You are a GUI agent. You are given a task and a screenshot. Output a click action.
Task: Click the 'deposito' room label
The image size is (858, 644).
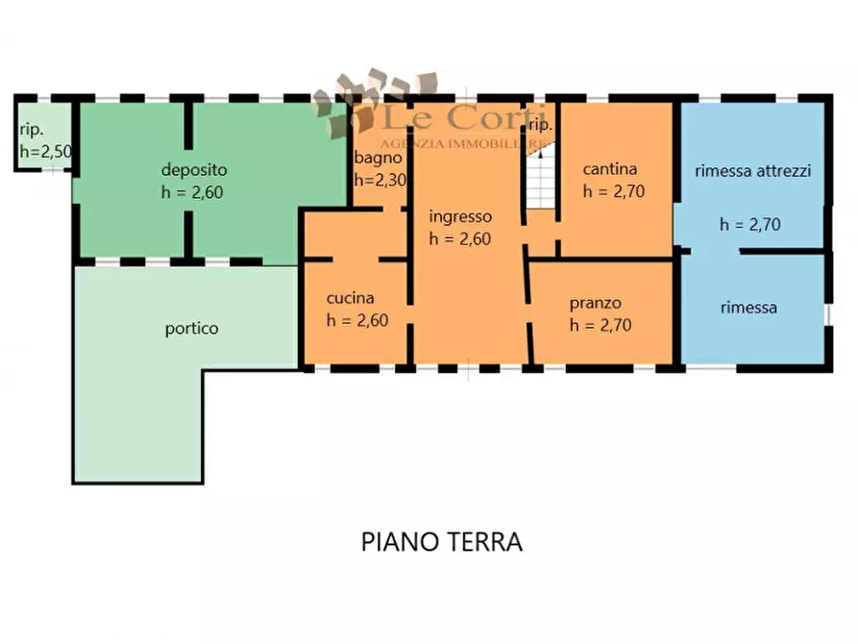tap(193, 170)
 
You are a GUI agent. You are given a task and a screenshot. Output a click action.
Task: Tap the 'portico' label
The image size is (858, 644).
tap(191, 328)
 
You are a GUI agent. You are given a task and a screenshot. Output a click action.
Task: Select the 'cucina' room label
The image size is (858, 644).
tap(350, 298)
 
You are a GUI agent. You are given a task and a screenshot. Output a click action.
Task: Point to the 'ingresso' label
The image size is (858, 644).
tap(460, 216)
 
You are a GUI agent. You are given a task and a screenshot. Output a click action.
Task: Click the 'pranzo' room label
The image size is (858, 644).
tap(596, 303)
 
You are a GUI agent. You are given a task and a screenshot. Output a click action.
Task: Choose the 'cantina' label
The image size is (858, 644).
tap(610, 168)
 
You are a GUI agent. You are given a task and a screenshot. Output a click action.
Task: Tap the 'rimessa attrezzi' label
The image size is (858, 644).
tap(753, 171)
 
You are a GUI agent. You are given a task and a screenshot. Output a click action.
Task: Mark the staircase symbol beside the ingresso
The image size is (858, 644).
tap(541, 183)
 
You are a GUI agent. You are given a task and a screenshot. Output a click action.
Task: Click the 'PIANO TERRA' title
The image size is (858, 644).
tap(442, 542)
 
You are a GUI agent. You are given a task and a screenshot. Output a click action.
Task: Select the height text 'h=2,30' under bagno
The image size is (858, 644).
tap(380, 180)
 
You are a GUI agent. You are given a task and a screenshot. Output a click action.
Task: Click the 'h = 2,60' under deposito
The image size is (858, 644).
tap(192, 192)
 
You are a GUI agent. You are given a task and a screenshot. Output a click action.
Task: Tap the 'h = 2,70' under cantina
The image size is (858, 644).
tap(613, 190)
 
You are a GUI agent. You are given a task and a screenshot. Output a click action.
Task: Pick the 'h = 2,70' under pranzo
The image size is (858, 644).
tap(601, 325)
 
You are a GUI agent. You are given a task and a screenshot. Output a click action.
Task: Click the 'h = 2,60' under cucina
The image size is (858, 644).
tap(356, 321)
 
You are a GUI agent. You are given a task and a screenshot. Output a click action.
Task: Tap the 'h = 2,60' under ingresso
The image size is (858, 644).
tap(460, 239)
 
